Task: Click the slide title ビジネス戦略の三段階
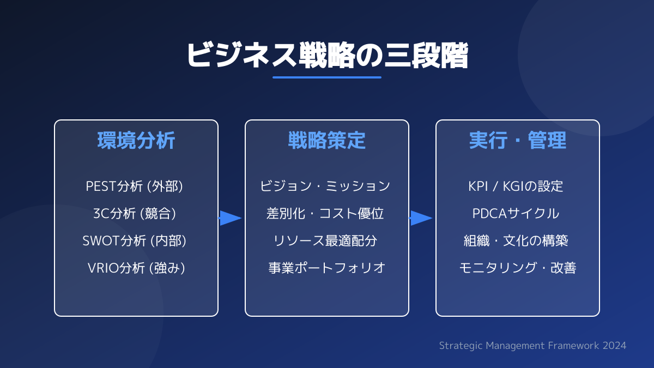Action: pyautogui.click(x=327, y=55)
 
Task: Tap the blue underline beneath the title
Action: pyautogui.click(x=327, y=77)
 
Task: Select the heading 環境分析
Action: pyautogui.click(x=136, y=141)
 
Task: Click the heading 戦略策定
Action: pyautogui.click(x=327, y=141)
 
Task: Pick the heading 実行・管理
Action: pyautogui.click(x=518, y=141)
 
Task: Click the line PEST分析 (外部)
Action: pyautogui.click(x=136, y=186)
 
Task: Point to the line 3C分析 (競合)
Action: pyautogui.click(x=136, y=213)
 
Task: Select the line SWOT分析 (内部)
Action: pyautogui.click(x=136, y=240)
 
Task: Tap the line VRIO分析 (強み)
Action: pyautogui.click(x=136, y=268)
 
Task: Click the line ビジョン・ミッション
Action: pyautogui.click(x=327, y=186)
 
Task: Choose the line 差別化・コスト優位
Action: pyautogui.click(x=327, y=213)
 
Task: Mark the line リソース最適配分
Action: pyautogui.click(x=327, y=240)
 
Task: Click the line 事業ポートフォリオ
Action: pyautogui.click(x=327, y=268)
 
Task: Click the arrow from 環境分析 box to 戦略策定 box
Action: pyautogui.click(x=231, y=218)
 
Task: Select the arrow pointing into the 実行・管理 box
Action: pyautogui.click(x=421, y=218)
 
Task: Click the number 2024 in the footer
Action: pyautogui.click(x=615, y=346)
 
